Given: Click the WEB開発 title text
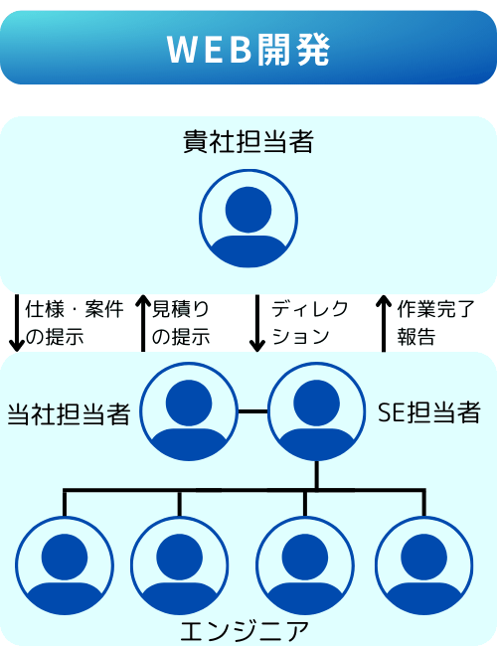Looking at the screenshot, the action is point(248,49).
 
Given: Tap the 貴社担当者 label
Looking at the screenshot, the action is point(248,141).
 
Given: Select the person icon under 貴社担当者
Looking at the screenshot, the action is point(248,219).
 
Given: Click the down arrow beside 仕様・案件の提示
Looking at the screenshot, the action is point(17,323).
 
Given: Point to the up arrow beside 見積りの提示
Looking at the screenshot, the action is point(143,323).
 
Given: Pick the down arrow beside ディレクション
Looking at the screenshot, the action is point(257,323).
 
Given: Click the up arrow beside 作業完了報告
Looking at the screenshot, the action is point(384,323).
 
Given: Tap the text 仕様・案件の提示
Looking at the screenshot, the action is point(75,323).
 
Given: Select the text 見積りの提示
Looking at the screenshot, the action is point(181,323).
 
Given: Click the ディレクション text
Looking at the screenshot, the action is point(310,323).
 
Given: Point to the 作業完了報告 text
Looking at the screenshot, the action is point(436,323).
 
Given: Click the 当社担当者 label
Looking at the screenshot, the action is point(70,414).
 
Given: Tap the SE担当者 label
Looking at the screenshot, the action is point(429,412).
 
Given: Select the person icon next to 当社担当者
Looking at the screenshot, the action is point(189,411).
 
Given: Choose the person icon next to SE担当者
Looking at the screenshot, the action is point(316,411).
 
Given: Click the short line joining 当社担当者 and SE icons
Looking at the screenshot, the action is point(252,411).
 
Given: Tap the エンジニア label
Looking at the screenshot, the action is point(245,631).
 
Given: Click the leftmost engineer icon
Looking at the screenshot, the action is point(65,565).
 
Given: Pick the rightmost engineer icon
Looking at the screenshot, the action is point(424,565).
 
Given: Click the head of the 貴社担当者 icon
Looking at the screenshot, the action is point(248,210).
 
